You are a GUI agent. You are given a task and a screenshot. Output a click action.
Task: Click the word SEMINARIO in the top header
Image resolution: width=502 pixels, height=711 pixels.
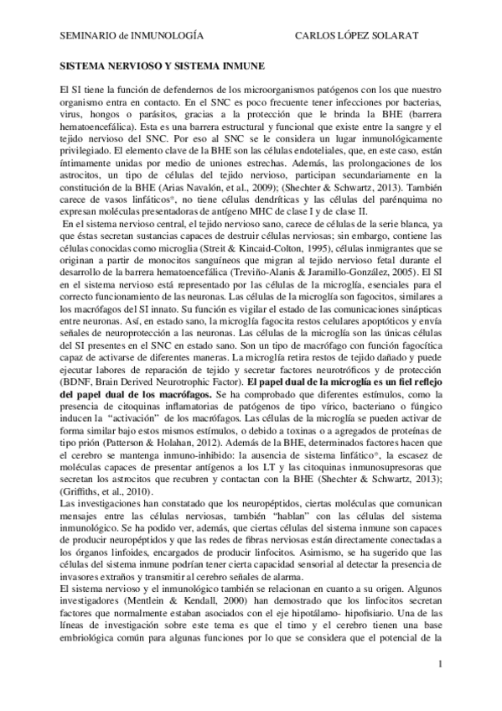tap(86, 37)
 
